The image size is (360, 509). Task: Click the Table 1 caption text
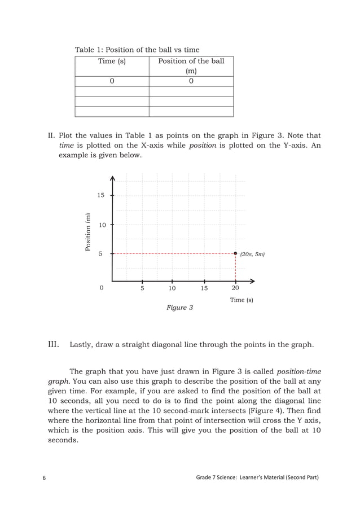137,50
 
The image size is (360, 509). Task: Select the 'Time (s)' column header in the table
112,61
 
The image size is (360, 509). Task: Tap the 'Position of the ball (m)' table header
191,65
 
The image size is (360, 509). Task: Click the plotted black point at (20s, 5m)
235,254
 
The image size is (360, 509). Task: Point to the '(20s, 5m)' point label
252,254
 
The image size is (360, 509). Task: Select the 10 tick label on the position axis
102,225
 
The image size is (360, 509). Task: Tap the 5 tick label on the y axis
100,254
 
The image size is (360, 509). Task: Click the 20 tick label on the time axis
235,288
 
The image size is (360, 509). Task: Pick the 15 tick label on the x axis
204,288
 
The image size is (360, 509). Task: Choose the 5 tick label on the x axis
142,288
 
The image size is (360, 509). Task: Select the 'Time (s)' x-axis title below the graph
242,300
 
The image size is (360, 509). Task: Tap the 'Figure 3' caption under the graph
179,308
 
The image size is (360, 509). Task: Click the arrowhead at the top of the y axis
113,179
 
